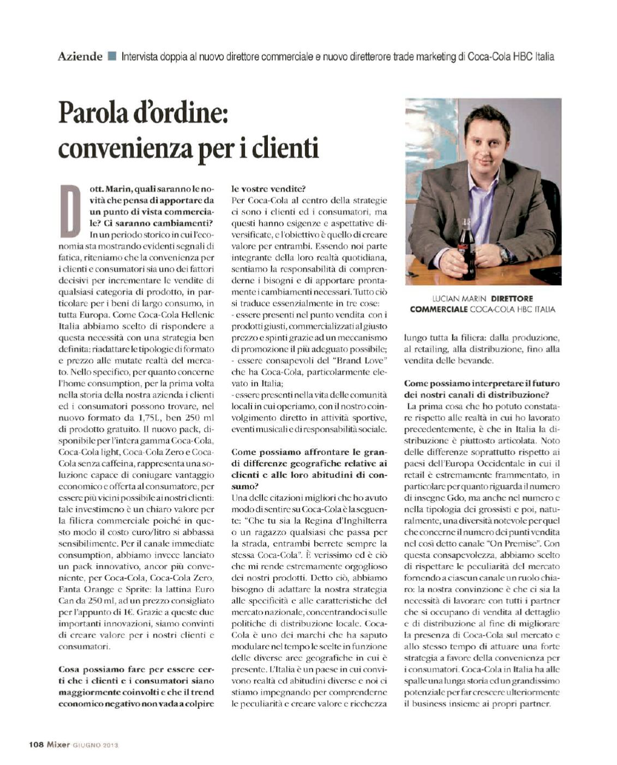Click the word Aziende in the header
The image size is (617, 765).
80,56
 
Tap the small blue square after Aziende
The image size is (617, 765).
112,56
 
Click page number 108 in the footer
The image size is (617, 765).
36,745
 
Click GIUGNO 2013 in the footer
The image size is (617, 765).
95,745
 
